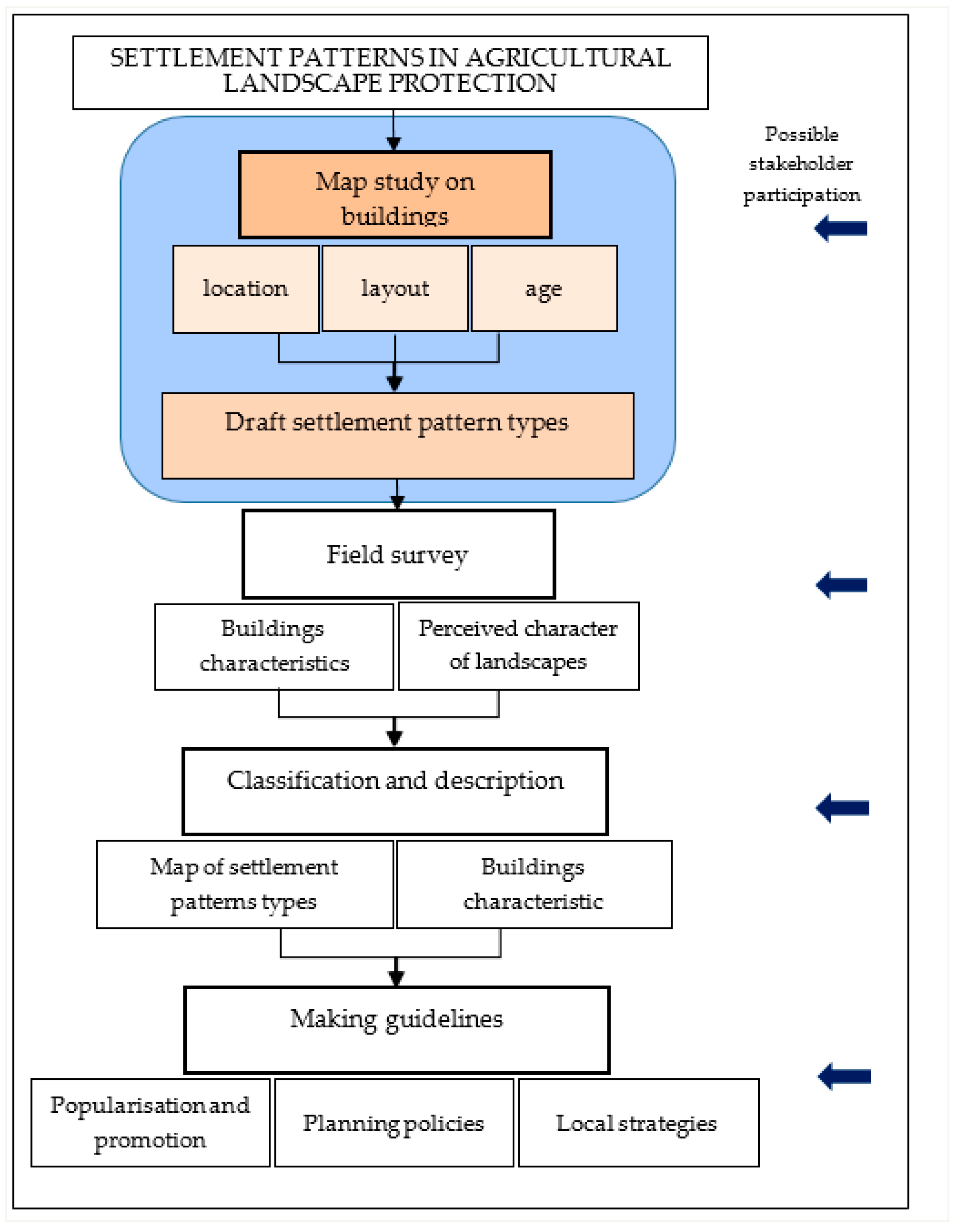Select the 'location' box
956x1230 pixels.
coord(246,289)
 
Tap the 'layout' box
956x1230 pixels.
coord(395,289)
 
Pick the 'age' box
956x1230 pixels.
coord(544,289)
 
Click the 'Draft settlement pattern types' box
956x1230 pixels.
coord(398,435)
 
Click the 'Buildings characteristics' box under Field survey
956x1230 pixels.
coord(274,647)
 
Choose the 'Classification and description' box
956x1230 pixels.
coord(395,791)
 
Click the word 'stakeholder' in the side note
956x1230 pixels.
coord(801,164)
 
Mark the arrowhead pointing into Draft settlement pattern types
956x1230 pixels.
coord(395,384)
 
